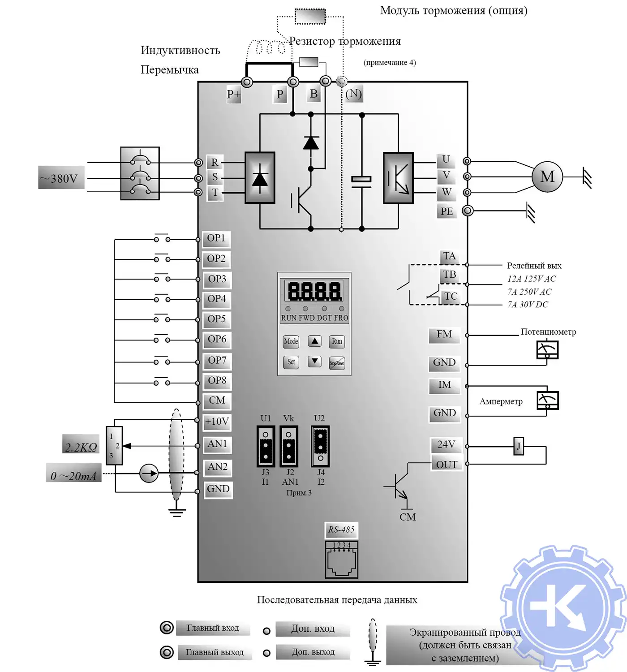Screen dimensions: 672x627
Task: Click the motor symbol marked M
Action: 547,177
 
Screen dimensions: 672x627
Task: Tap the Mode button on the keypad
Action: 291,341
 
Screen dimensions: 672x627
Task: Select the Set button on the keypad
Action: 291,362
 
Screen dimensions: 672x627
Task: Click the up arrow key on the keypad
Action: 315,341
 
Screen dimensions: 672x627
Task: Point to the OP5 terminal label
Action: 217,319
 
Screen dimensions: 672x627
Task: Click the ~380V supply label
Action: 61,179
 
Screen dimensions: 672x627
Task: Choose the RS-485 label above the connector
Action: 341,530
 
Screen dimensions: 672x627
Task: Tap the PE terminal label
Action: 447,211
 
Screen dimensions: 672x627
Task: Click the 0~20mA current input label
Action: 74,476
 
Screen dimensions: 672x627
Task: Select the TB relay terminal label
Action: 450,275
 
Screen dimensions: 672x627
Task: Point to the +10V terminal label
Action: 217,422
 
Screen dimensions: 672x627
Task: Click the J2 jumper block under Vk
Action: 289,446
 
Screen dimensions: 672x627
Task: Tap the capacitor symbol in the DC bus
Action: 361,180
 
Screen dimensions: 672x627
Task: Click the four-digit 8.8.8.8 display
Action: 314,291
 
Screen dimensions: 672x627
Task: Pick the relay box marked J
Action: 519,446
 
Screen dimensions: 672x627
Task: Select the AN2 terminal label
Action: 218,467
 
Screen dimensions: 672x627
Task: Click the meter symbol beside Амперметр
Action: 547,400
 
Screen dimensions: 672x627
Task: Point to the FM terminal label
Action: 444,335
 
